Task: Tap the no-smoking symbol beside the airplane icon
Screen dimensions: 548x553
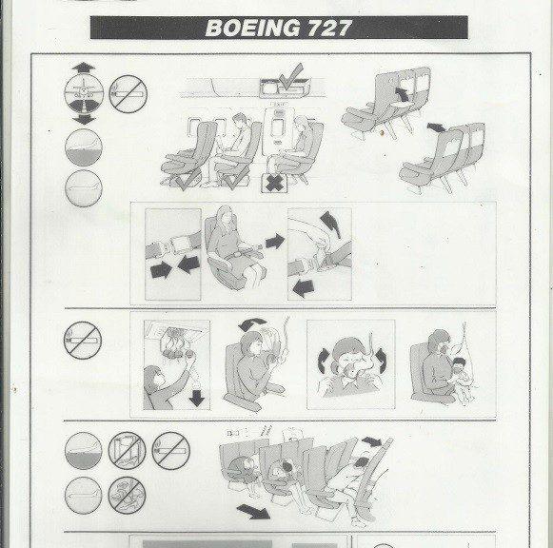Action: pos(128,94)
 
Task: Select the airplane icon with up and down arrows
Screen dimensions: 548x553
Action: pos(81,94)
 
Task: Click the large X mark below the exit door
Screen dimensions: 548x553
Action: pos(275,182)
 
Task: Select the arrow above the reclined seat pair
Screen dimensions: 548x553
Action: pos(435,127)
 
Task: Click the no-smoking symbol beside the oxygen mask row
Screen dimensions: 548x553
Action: pos(82,341)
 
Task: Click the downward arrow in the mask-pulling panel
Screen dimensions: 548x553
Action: pos(197,398)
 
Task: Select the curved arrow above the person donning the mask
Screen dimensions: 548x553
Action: pos(249,328)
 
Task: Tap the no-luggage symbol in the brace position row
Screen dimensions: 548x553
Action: pos(127,450)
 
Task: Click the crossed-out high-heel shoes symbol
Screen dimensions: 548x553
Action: pos(127,495)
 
